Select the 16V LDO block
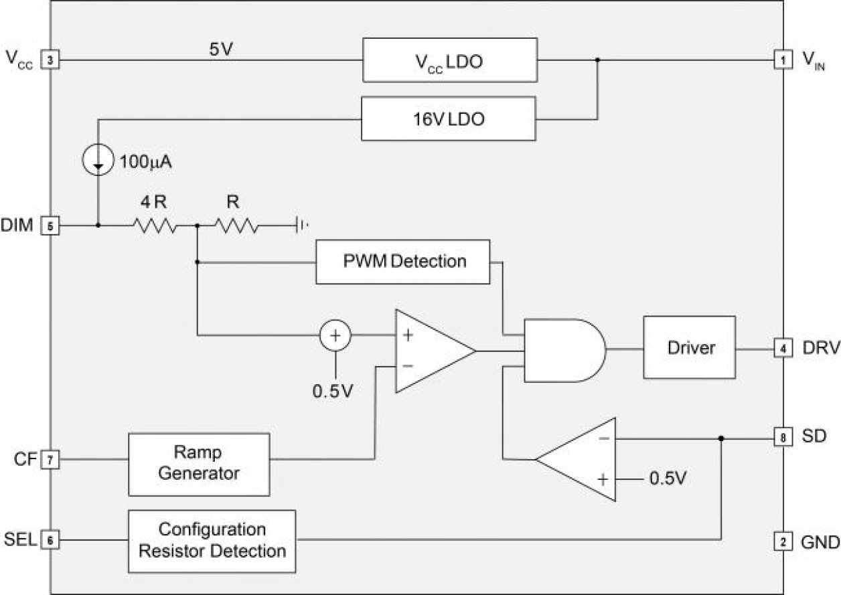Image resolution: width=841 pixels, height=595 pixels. point(448,119)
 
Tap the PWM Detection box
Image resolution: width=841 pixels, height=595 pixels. point(404,260)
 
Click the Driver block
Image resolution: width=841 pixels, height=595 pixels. point(690,348)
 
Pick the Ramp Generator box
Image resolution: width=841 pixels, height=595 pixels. point(199,463)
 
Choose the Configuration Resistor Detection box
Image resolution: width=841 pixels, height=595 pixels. point(212,541)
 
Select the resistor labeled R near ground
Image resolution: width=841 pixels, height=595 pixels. point(236,226)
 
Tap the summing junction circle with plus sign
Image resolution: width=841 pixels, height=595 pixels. point(335,334)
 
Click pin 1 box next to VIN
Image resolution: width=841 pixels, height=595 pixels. point(782,60)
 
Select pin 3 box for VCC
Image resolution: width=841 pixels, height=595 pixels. point(50,60)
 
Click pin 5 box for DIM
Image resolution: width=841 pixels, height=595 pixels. point(50,226)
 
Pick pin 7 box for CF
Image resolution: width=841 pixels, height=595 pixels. point(50,459)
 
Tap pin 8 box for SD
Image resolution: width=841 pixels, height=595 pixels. point(782,438)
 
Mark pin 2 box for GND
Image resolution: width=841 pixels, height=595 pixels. point(782,541)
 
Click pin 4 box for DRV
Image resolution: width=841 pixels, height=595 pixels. point(782,348)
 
